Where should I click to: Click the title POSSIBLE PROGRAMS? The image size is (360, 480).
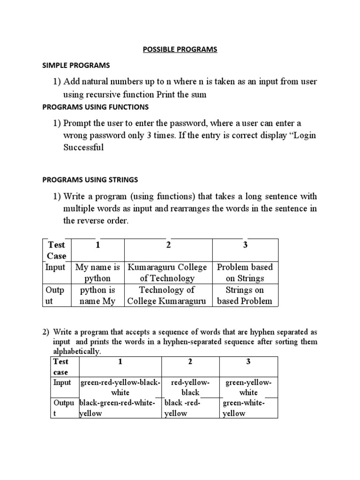[x=180, y=50]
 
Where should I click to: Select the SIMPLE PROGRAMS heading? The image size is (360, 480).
[x=76, y=65]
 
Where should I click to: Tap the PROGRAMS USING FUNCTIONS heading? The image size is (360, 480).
[x=95, y=107]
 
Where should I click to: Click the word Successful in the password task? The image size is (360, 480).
[x=83, y=147]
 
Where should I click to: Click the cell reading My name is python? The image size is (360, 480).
[x=97, y=272]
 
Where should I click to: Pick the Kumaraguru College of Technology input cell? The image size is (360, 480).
[x=168, y=272]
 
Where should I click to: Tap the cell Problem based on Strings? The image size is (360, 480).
[x=245, y=272]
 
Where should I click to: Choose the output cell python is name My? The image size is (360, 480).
[x=97, y=295]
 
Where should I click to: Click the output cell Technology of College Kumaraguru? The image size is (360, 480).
[x=168, y=295]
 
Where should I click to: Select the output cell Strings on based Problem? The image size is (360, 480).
[x=245, y=295]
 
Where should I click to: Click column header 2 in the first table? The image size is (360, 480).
[x=168, y=245]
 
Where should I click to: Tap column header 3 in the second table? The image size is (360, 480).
[x=248, y=362]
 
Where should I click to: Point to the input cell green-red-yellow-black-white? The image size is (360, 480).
[x=120, y=387]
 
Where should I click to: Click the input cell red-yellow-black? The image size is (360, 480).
[x=190, y=387]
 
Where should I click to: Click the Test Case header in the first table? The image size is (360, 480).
[x=57, y=250]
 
